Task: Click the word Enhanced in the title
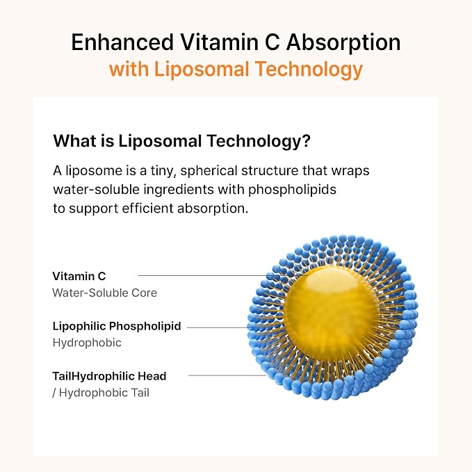point(122,42)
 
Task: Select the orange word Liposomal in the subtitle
point(202,70)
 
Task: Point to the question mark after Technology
point(307,140)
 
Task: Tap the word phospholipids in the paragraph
point(292,190)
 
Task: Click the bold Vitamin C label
point(79,277)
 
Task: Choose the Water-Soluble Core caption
point(104,293)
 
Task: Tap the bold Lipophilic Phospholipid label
point(117,326)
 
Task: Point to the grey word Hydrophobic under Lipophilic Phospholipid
point(87,343)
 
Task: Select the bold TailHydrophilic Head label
point(110,376)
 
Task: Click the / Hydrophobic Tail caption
point(101,393)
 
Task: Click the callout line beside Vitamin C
point(222,275)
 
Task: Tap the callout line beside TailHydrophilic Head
point(227,375)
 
